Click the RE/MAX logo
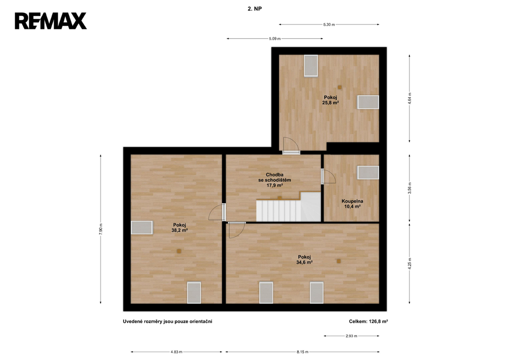(51, 21)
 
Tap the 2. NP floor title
(255, 9)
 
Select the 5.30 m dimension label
(329, 24)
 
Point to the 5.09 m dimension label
(274, 39)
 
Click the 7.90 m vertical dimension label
(101, 229)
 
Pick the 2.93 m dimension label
(351, 336)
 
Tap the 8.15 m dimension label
(302, 352)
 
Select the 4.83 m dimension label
(176, 352)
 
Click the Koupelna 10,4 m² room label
(352, 204)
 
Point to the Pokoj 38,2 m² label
(179, 228)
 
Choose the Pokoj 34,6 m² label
(304, 259)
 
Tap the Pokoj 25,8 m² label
(331, 100)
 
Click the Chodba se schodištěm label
(274, 177)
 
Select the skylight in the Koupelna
(368, 172)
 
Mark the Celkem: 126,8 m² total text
(369, 321)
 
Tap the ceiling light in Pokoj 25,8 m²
(340, 87)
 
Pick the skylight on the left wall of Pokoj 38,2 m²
(142, 228)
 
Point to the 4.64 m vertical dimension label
(409, 99)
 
